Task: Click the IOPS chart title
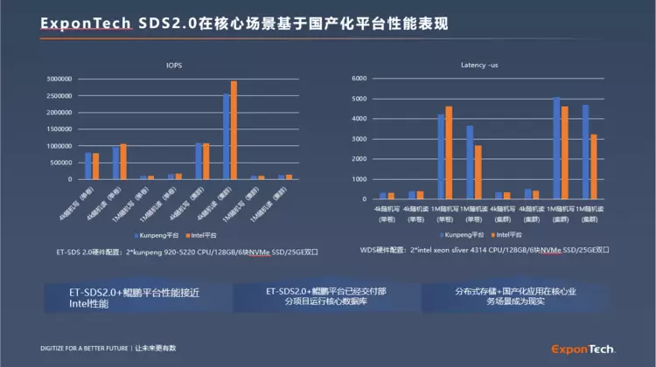point(174,65)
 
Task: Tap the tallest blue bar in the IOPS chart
point(227,136)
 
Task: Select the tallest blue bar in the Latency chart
point(556,148)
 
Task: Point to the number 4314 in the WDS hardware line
point(485,250)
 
